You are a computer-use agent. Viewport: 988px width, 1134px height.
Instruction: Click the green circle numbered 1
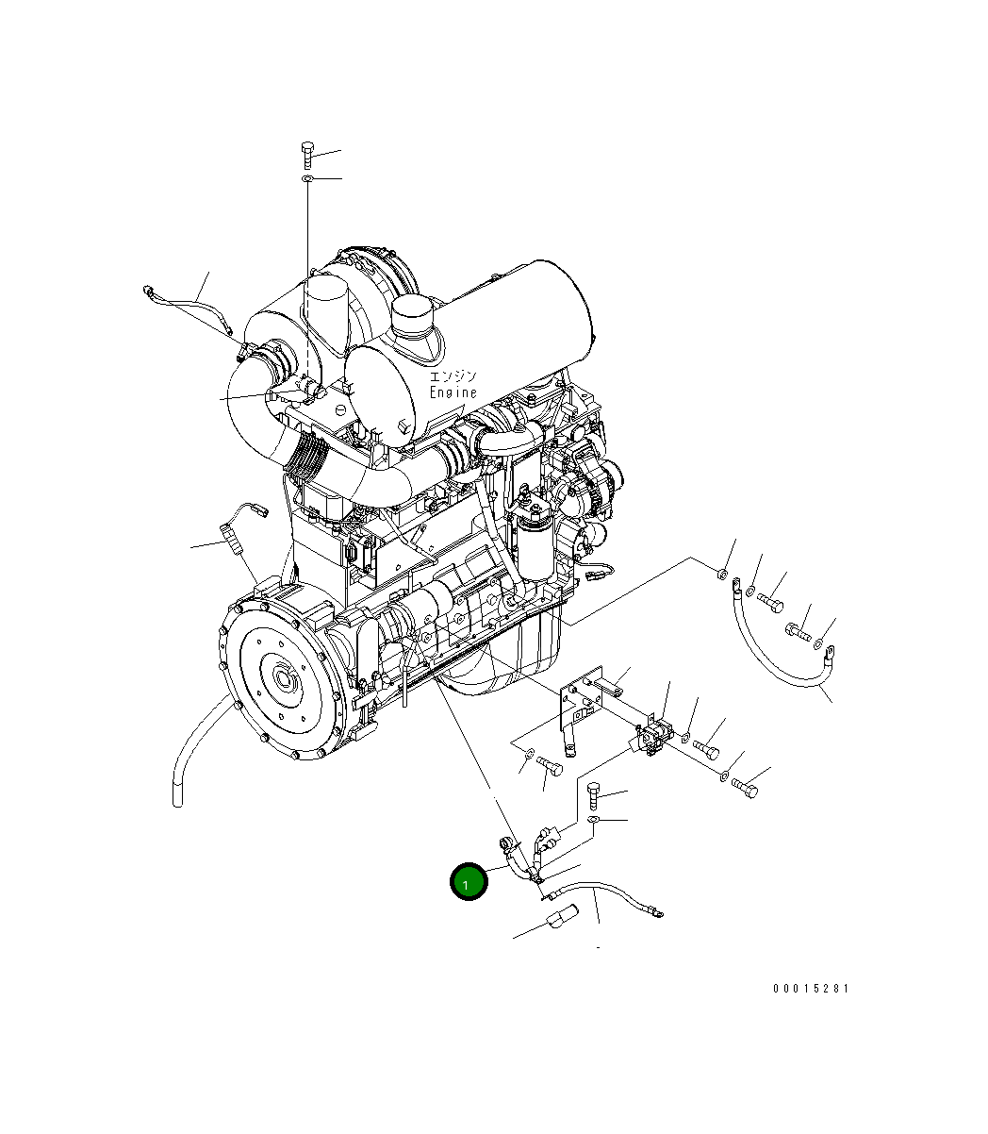[468, 881]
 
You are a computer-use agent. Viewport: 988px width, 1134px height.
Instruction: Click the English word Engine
[453, 392]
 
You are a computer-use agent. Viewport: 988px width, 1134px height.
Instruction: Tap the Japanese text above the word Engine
[453, 376]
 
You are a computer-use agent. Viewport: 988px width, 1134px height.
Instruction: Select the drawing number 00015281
[811, 988]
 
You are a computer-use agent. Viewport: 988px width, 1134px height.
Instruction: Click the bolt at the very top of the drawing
[307, 155]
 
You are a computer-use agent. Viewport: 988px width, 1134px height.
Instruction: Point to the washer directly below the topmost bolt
[307, 178]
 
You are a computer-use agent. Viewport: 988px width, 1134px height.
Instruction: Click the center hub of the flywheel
[284, 678]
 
